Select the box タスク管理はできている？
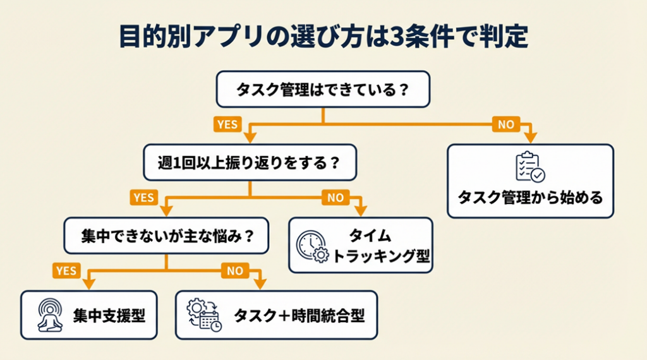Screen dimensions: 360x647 (x=323, y=89)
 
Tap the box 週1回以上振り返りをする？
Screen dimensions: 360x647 (x=250, y=162)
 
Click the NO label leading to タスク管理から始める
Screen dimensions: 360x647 (x=505, y=124)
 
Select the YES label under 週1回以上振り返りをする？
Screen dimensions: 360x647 (x=143, y=198)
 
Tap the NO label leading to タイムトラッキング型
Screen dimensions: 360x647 (x=336, y=198)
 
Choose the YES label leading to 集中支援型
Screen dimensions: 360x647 (x=66, y=271)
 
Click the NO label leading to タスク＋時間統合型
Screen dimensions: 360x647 (x=235, y=271)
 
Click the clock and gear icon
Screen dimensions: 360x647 (x=313, y=246)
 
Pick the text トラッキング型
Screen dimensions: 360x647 (x=381, y=256)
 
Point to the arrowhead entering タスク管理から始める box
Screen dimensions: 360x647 (x=531, y=137)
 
